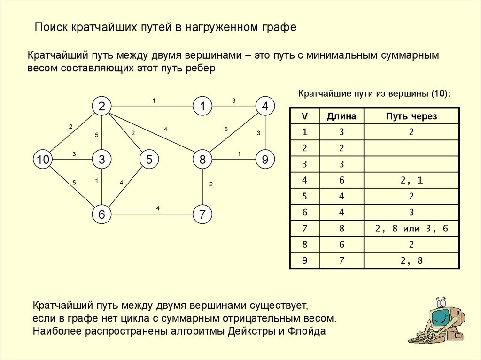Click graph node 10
pyautogui.click(x=43, y=160)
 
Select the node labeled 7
pyautogui.click(x=202, y=215)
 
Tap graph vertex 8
pyautogui.click(x=202, y=160)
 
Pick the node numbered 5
pyautogui.click(x=149, y=160)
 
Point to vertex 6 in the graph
pyautogui.click(x=101, y=215)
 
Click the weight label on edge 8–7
pyautogui.click(x=211, y=184)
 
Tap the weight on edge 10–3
pyautogui.click(x=74, y=153)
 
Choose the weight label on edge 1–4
pyautogui.click(x=233, y=100)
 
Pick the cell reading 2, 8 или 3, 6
pyautogui.click(x=411, y=229)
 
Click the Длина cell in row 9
pyautogui.click(x=341, y=260)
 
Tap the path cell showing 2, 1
pyautogui.click(x=411, y=180)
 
